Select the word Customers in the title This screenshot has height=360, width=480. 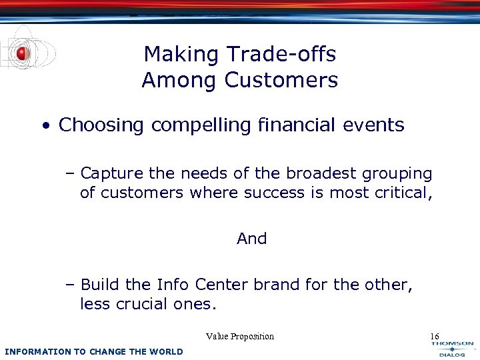pos(281,81)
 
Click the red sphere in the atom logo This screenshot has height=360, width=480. pos(22,53)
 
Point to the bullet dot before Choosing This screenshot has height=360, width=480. pos(45,126)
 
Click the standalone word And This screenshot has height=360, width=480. pos(251,239)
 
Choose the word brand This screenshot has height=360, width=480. pos(282,285)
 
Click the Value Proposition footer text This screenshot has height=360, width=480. pos(240,336)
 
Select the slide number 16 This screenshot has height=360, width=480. pos(435,336)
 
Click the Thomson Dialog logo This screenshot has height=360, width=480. pos(452,349)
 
